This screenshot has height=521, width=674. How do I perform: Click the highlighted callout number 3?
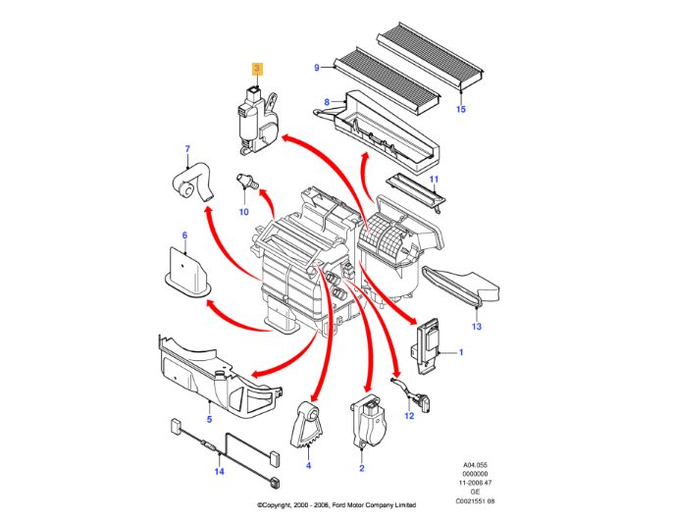click(257, 68)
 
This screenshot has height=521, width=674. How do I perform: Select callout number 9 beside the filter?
click(317, 68)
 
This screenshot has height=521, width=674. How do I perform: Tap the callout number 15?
click(461, 109)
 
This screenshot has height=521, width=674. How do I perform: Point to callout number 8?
click(327, 102)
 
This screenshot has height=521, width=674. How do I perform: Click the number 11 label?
click(435, 180)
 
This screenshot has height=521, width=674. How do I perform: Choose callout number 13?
click(477, 327)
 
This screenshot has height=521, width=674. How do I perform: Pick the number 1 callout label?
click(461, 352)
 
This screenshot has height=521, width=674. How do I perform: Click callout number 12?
click(409, 416)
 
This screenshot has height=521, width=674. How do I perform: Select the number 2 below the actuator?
click(361, 468)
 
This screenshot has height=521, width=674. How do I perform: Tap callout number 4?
click(308, 465)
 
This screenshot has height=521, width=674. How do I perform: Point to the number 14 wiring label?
click(219, 472)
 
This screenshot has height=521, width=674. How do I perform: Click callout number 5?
click(209, 419)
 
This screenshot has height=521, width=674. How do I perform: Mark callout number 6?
click(184, 235)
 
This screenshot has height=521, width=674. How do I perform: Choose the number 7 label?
click(187, 149)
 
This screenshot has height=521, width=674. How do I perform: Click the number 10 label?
click(243, 212)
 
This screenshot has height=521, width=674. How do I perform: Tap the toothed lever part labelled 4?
click(307, 426)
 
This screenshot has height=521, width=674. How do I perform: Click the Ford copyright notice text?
click(337, 505)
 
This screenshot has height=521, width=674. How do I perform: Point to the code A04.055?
click(475, 465)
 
